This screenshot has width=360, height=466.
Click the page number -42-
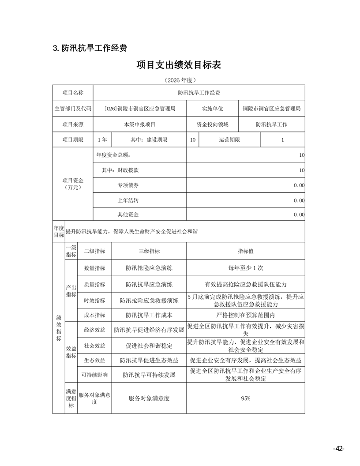point(338,448)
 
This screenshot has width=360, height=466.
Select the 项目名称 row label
point(73,93)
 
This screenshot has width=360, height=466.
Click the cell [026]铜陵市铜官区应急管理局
point(140,109)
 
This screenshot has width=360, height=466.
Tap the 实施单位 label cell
point(213,109)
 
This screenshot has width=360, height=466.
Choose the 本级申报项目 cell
point(140,124)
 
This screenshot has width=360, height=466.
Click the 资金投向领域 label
point(213,124)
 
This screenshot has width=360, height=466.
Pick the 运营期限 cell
point(229,140)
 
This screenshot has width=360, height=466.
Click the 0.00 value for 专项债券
point(299,185)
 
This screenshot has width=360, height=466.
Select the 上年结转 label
point(128,200)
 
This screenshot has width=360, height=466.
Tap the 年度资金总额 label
point(113,155)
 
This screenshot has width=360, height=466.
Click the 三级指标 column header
point(149,251)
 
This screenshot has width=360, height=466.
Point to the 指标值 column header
point(245,251)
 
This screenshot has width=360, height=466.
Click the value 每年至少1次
point(245,268)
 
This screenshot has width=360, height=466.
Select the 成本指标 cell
point(94,315)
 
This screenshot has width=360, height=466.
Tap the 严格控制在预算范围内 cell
point(245,315)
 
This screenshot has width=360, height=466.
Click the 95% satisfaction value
point(245,398)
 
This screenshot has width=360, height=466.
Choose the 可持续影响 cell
point(94,375)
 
